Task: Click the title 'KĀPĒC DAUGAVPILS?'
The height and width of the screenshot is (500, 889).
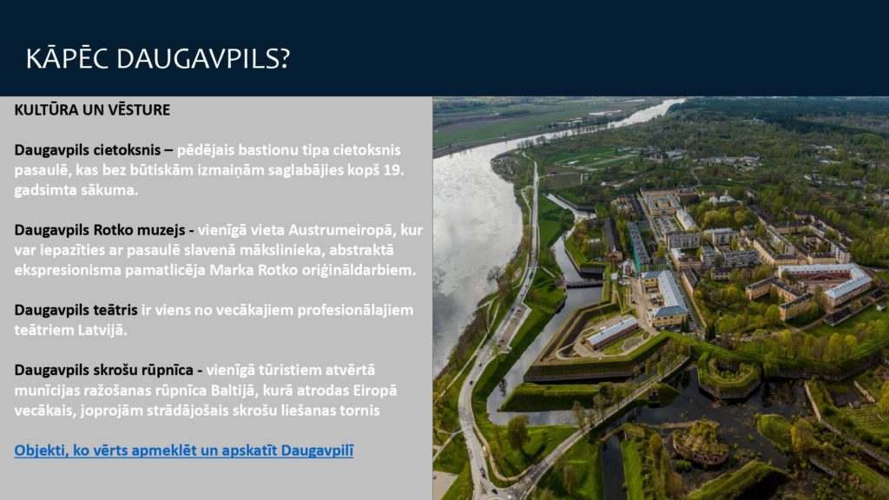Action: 158,58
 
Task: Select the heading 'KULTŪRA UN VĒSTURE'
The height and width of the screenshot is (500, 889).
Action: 92,110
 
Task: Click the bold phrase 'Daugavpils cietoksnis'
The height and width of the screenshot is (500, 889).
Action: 88,150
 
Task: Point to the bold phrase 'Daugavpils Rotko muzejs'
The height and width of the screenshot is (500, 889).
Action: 100,230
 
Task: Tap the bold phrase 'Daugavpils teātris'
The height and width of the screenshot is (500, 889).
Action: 76,310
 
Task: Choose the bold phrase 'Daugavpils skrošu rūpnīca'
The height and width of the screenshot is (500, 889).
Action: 104,370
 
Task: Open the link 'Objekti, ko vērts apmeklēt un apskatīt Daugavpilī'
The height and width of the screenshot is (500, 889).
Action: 184,451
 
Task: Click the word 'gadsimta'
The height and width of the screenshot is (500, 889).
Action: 43,190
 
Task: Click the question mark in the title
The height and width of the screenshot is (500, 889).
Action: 285,58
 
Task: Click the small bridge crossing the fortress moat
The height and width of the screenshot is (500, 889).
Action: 584,283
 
